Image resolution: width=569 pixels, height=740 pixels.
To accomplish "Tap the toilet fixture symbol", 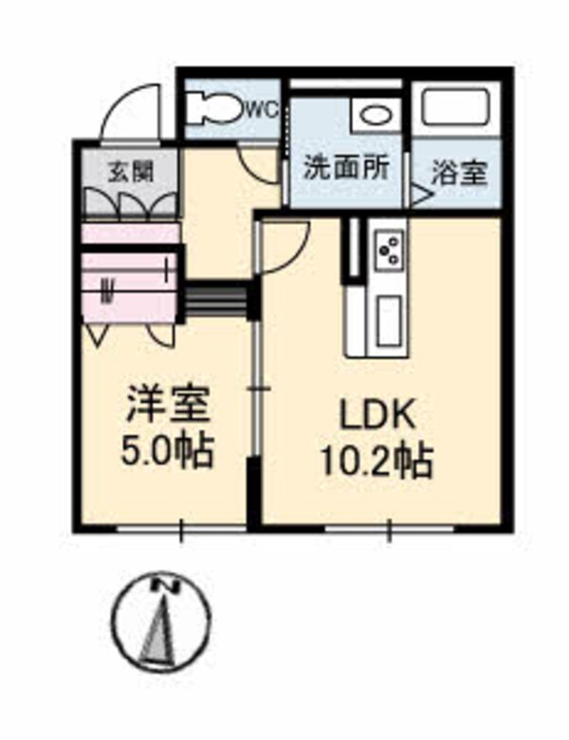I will pos(213,109).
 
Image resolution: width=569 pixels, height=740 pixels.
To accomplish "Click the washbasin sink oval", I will pos(375,117).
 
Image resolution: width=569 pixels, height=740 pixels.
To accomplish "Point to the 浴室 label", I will pos(460,173).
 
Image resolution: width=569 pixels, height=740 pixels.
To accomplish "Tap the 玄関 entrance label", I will pos(130,172).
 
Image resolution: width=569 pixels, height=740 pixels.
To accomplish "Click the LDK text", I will pos(374,415).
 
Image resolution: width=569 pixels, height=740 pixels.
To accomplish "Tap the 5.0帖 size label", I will pos(166,450).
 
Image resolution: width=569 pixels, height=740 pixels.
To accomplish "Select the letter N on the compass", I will pos(168,587).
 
